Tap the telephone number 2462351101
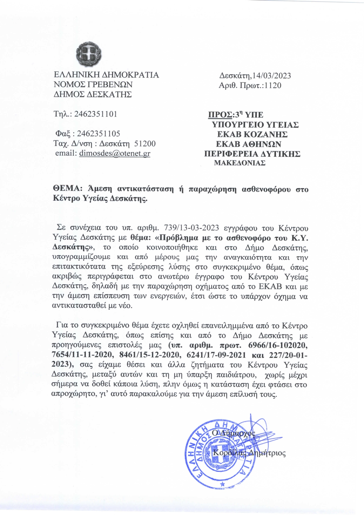(x=96, y=114)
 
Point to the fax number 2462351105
(x=99, y=134)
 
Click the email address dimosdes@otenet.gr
(x=114, y=153)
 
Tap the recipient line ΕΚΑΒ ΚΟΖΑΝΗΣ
(x=252, y=134)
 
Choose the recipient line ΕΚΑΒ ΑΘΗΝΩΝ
(x=249, y=144)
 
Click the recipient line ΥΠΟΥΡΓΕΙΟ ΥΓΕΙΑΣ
(x=255, y=125)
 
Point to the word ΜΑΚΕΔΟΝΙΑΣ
(x=240, y=163)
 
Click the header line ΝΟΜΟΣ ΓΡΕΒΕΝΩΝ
(x=93, y=85)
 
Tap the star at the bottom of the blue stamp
(x=223, y=484)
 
